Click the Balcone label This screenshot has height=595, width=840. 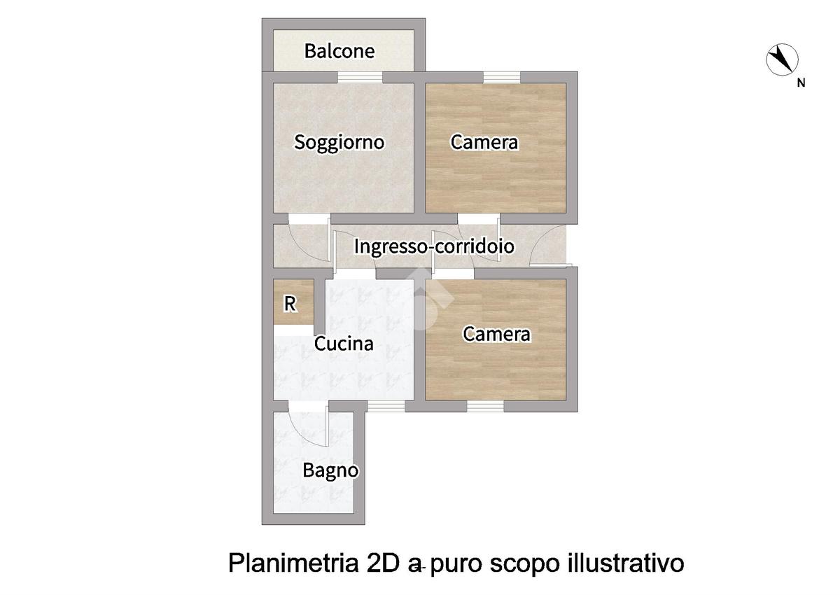point(339,51)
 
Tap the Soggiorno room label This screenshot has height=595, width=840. point(339,143)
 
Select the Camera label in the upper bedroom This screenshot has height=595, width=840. point(484,142)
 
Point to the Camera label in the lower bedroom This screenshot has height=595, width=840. point(496,334)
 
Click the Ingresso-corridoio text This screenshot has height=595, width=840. point(434,246)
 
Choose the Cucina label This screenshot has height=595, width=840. point(344,344)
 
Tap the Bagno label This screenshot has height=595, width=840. point(330,471)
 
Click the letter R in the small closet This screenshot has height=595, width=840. point(290,304)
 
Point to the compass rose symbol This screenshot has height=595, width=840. point(782,59)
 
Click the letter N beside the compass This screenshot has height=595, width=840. point(801,83)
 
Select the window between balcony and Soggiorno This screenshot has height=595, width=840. point(360,77)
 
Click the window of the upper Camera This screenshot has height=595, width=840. point(502,77)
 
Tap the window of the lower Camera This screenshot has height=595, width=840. point(485,407)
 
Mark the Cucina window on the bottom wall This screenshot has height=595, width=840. point(386,407)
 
